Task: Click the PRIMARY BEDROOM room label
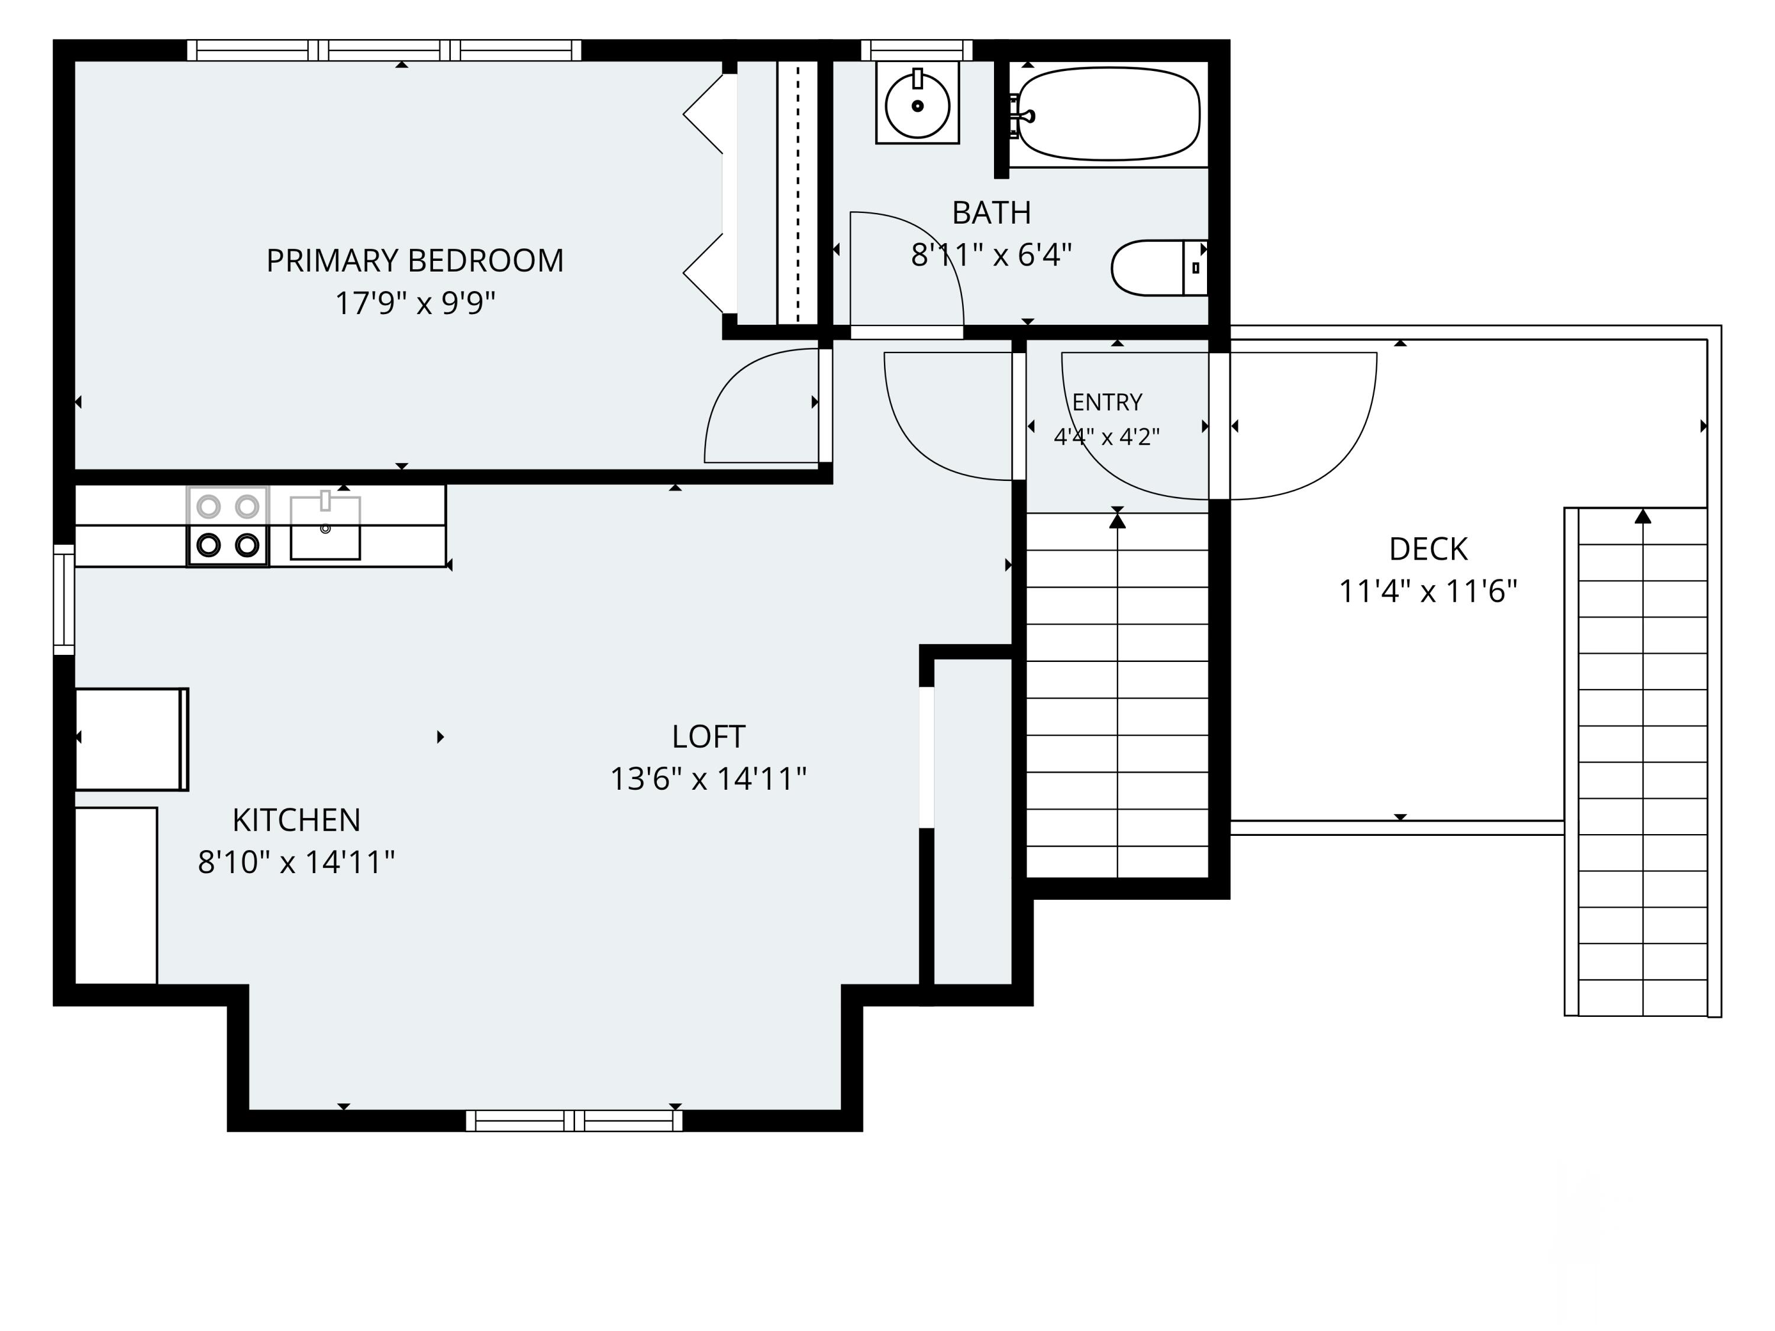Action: click(415, 261)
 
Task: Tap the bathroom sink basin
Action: click(917, 105)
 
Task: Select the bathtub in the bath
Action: click(1108, 114)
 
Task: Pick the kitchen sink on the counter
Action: click(325, 527)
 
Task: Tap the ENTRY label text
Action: click(1108, 402)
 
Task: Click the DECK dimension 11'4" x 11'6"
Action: click(1428, 592)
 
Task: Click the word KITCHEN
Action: click(296, 820)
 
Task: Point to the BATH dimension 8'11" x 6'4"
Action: click(991, 255)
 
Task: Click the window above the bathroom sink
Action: click(916, 50)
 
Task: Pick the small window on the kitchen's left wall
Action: click(64, 599)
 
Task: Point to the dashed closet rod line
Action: click(798, 192)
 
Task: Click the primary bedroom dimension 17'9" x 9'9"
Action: click(415, 303)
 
